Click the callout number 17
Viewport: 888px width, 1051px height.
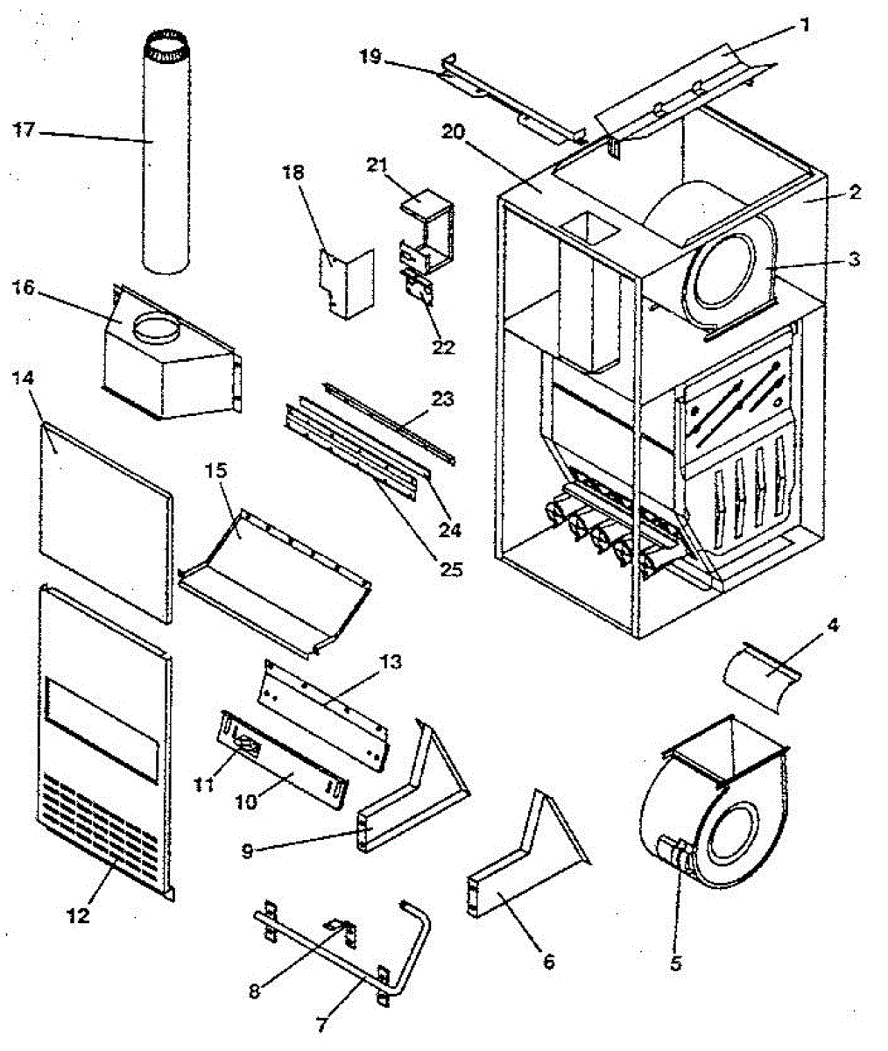(25, 130)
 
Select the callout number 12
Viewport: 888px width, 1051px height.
(78, 916)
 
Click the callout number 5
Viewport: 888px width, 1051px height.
(675, 963)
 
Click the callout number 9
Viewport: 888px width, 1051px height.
(248, 849)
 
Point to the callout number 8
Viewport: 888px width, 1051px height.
(254, 992)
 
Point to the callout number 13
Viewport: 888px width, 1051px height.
(391, 661)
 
